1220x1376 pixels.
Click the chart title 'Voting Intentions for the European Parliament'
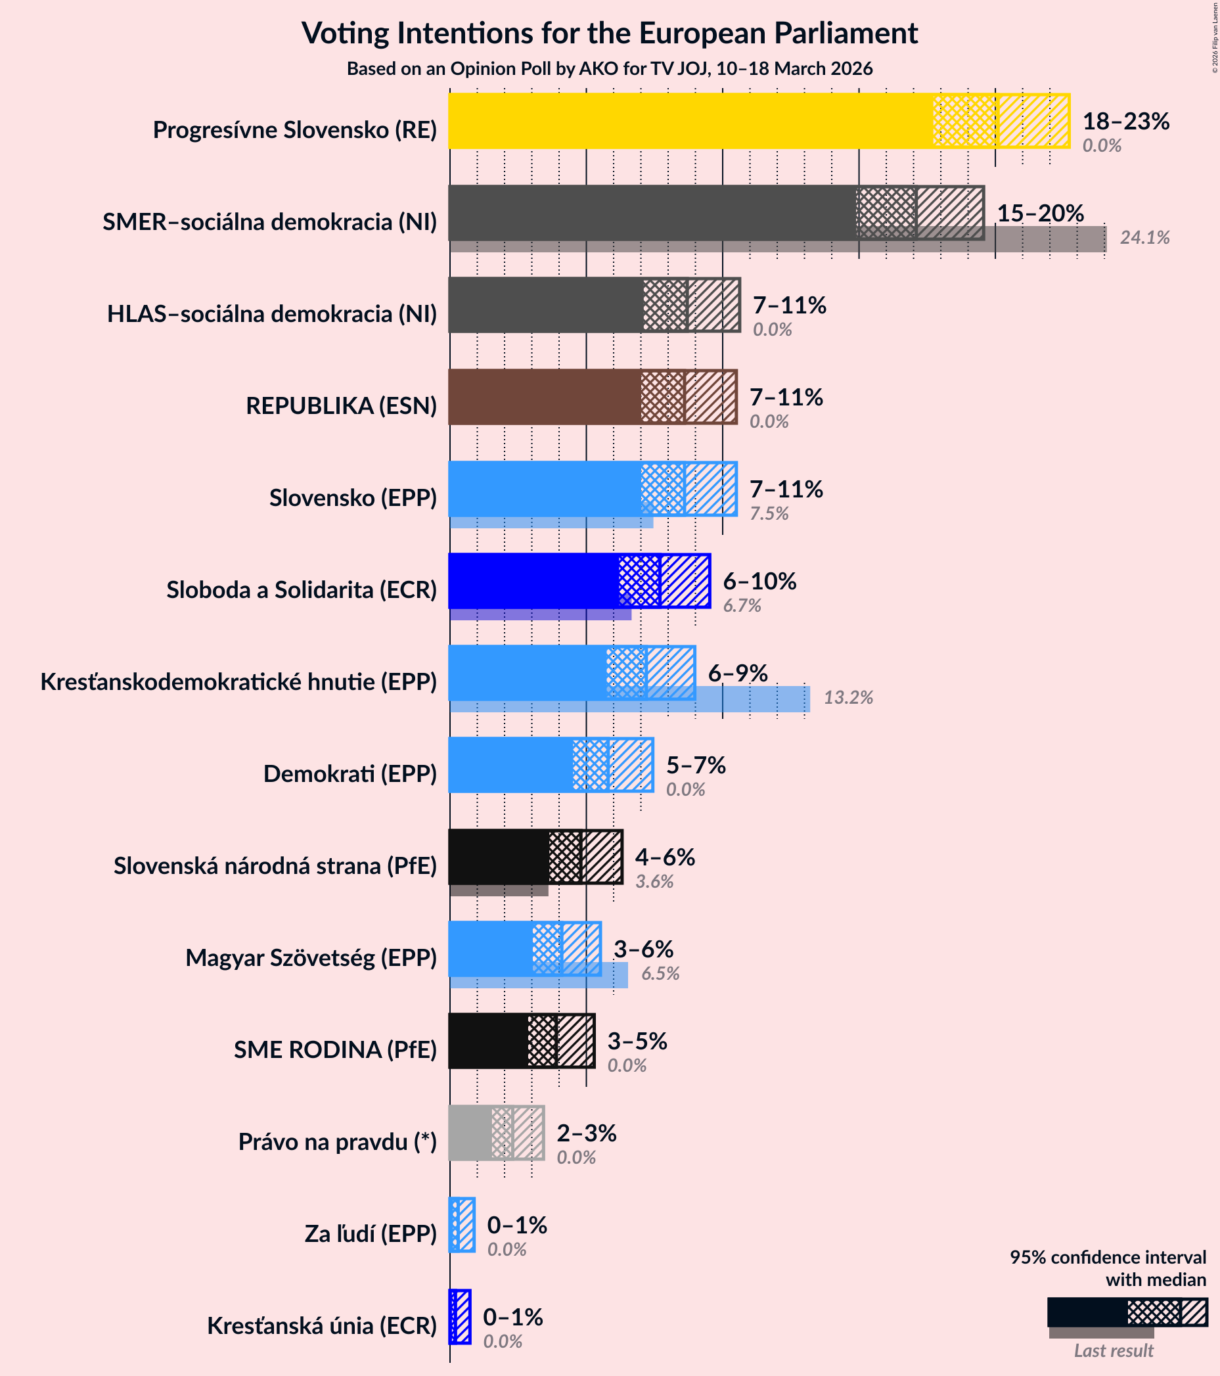click(609, 33)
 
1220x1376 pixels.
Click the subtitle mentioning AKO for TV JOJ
click(609, 68)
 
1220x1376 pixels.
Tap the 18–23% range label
click(1125, 121)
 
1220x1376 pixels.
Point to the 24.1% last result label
click(1144, 238)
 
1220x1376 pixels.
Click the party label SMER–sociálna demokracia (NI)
click(269, 221)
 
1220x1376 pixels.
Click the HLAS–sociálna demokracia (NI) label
click(272, 313)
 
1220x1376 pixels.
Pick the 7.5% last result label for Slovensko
click(769, 514)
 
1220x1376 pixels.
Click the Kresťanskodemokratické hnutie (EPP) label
click(238, 682)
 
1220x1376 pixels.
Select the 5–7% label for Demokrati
click(695, 766)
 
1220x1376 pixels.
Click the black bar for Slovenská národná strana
click(498, 857)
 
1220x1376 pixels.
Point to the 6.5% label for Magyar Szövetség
click(660, 973)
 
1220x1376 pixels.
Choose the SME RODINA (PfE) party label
click(335, 1049)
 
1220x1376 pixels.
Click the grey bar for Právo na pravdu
click(470, 1133)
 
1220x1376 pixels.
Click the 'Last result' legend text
click(1113, 1351)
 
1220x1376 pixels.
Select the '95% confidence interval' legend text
click(1107, 1258)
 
